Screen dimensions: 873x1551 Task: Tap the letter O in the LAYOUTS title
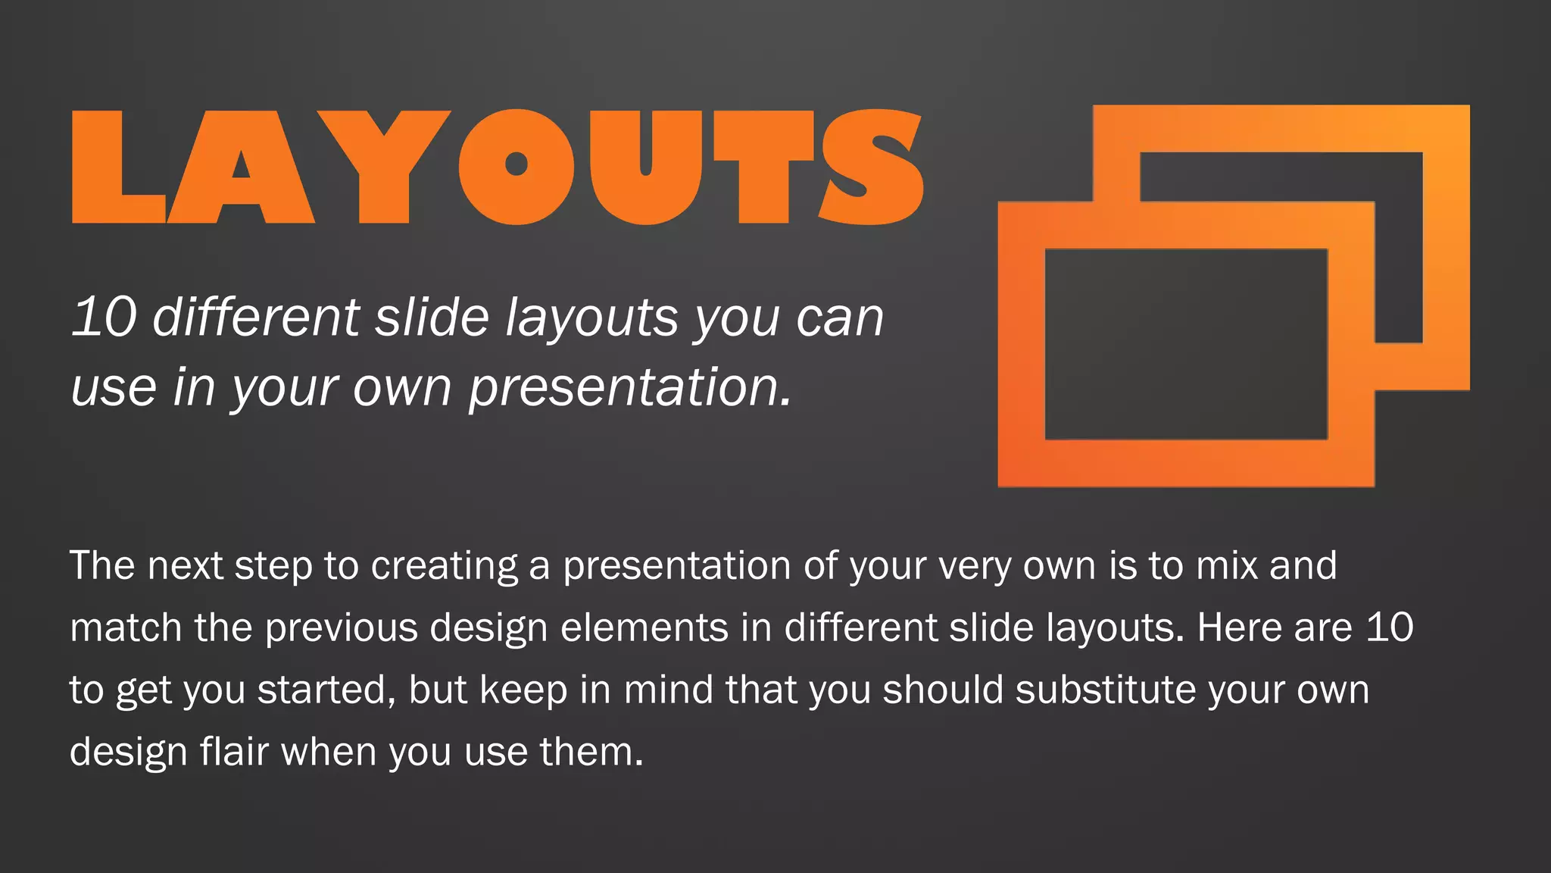click(x=516, y=168)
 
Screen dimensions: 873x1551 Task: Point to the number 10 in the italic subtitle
click(x=104, y=317)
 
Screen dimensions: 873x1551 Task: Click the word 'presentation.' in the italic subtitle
click(x=630, y=387)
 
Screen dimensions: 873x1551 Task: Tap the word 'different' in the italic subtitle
click(x=256, y=317)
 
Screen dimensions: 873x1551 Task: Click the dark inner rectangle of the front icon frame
click(x=1186, y=344)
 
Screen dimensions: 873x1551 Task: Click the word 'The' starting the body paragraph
click(x=102, y=565)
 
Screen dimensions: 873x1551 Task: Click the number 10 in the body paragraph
click(x=1389, y=627)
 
